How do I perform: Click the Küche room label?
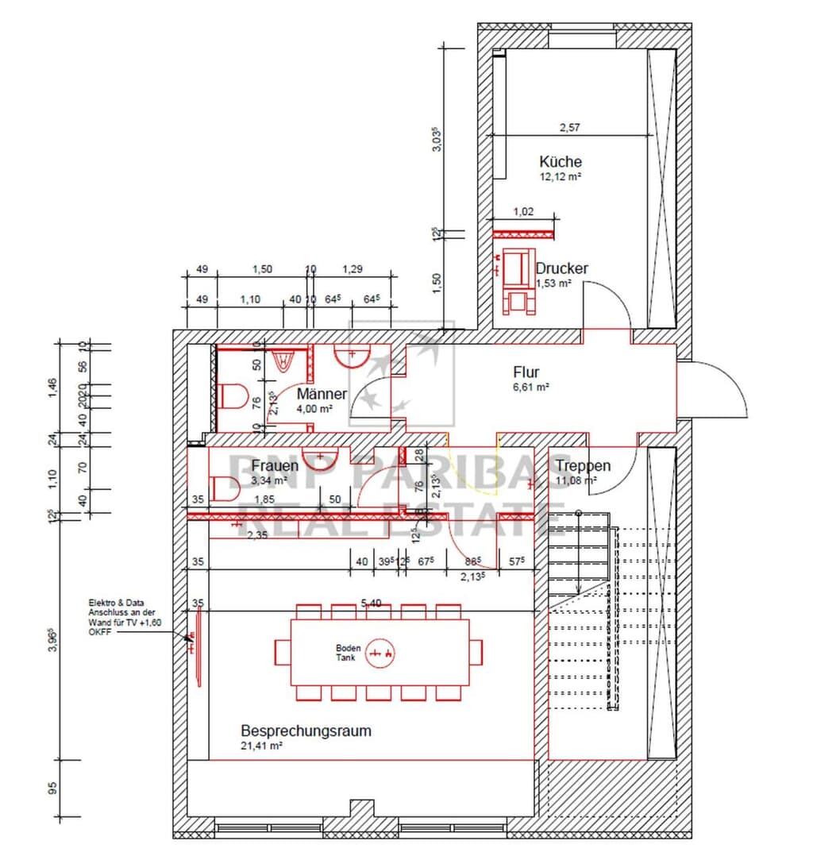coord(560,162)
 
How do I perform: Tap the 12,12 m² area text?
coord(560,177)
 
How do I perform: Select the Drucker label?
coord(561,268)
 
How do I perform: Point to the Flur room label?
coord(526,372)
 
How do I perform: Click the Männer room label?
coord(322,394)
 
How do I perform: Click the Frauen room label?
coord(275,466)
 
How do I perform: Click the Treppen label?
coord(583,466)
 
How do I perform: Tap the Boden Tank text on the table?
coord(348,653)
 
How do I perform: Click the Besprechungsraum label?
coord(306,731)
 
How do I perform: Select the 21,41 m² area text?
coord(261,746)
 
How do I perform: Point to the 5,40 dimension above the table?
coord(371,603)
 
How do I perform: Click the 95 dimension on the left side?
coord(52,788)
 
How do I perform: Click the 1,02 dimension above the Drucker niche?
coord(522,211)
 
